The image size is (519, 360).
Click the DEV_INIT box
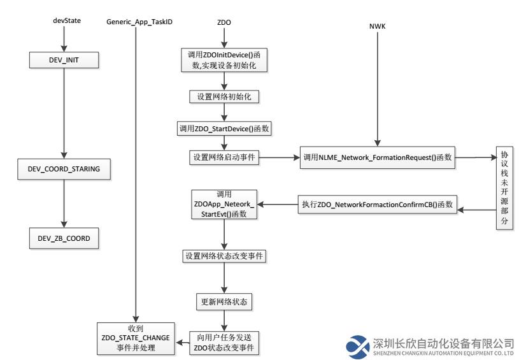pos(64,60)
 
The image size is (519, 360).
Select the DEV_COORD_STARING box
pos(64,169)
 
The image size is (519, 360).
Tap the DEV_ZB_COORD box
pos(64,238)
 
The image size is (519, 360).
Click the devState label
pos(67,20)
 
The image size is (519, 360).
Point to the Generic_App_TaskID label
pos(139,22)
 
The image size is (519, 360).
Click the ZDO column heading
pos(224,22)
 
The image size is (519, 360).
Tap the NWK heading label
pos(378,26)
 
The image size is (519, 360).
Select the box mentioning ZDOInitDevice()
pos(224,60)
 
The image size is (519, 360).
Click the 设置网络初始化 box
pos(224,97)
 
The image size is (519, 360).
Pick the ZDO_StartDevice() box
pos(224,129)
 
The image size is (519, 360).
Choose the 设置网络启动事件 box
pos(224,157)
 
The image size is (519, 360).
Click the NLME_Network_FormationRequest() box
pos(378,157)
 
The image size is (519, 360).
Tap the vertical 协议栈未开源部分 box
pos(504,188)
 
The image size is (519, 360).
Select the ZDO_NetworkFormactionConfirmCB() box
pos(378,205)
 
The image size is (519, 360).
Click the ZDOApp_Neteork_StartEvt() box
pos(224,204)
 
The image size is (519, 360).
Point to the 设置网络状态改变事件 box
pos(224,256)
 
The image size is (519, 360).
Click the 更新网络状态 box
pos(224,302)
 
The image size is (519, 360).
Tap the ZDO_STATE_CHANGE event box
pos(136,338)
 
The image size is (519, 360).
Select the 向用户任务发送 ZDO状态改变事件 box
pos(224,343)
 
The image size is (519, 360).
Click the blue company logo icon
pos(357,347)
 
